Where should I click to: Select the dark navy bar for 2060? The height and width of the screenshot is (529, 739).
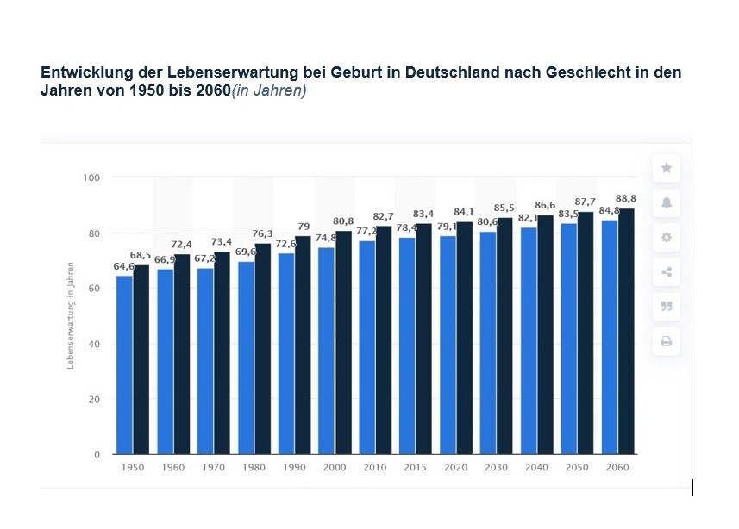click(x=627, y=332)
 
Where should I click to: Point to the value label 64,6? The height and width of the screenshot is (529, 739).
click(x=124, y=267)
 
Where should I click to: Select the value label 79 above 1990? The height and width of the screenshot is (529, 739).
click(x=304, y=227)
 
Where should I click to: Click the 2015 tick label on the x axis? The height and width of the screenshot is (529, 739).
click(x=416, y=468)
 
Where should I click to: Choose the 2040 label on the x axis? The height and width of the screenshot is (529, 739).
click(x=536, y=468)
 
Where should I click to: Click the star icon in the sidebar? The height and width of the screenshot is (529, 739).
click(x=666, y=168)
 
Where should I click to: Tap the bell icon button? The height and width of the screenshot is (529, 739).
click(x=666, y=202)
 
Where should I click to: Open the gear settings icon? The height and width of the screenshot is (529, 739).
click(x=666, y=238)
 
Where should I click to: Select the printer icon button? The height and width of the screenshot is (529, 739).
click(x=666, y=342)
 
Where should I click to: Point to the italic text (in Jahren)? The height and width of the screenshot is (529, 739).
click(x=269, y=90)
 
